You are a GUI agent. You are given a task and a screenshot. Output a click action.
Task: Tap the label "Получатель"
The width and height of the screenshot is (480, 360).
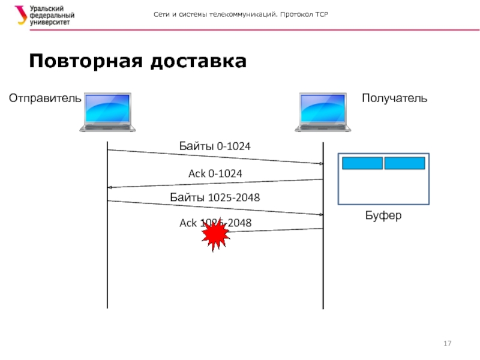[394, 98]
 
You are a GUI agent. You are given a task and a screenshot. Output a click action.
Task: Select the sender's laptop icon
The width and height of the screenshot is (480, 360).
[108, 112]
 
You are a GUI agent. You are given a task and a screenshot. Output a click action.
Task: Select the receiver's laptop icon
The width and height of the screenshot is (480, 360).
[321, 112]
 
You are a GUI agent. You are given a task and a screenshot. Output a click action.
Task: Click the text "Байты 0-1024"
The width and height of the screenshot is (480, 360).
[215, 146]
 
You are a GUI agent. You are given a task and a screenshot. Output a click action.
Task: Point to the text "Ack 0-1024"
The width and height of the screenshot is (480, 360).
[215, 173]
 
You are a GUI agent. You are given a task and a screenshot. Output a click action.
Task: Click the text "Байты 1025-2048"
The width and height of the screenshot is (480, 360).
[215, 197]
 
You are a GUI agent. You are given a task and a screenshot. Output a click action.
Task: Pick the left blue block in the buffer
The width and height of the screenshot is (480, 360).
[362, 163]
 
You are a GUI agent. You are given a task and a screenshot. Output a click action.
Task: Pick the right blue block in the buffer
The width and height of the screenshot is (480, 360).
[404, 163]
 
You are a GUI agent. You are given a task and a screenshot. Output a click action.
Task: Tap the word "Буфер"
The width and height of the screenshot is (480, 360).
[383, 215]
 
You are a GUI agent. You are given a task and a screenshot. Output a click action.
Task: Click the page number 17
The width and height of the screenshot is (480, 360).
[447, 344]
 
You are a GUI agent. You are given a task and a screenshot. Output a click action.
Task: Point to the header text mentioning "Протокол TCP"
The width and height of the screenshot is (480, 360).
[243, 14]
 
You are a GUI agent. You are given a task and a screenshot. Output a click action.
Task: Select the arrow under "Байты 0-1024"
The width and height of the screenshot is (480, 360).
[215, 157]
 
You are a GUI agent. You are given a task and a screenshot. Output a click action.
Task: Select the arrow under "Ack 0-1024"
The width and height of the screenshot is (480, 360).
[215, 184]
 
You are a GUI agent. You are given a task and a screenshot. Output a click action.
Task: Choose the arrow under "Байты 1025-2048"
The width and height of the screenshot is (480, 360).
[215, 208]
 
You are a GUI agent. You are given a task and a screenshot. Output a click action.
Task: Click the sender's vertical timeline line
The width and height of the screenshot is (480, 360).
[107, 270]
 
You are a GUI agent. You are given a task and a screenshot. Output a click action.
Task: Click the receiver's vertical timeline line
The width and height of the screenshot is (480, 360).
[323, 270]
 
